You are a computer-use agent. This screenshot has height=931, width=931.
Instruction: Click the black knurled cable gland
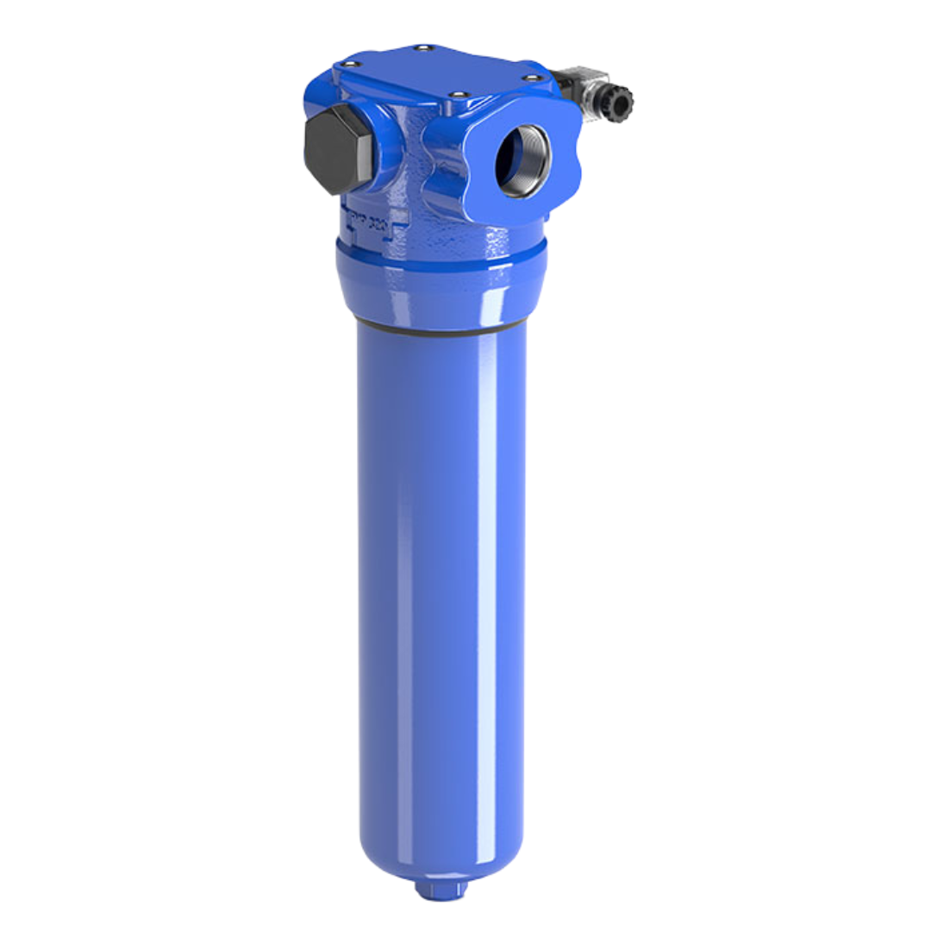pyautogui.click(x=618, y=103)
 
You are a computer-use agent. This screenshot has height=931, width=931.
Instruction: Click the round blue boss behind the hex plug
pyautogui.click(x=379, y=147)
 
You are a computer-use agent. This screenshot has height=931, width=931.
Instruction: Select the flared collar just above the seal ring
pyautogui.click(x=440, y=293)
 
